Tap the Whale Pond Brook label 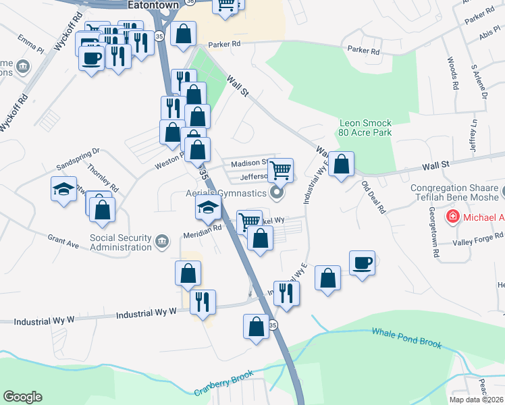406,337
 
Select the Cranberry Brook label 223,383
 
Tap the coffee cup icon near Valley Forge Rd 362,263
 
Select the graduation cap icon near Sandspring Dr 63,188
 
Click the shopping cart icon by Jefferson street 280,169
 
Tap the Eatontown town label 153,5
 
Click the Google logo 22,397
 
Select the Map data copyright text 475,400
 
